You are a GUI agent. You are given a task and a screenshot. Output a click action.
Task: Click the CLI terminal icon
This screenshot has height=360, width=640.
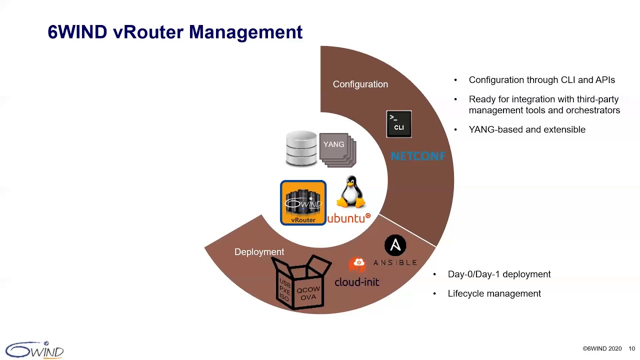coord(399,124)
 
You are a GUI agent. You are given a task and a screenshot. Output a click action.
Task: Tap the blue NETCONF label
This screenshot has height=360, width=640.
coord(417,156)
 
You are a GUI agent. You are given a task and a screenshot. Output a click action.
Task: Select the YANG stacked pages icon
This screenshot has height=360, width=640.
coord(337,149)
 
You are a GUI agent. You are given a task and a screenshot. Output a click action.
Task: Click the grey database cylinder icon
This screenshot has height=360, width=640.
coord(301,148)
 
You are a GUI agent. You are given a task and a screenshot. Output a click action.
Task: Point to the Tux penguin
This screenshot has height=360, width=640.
coord(351,192)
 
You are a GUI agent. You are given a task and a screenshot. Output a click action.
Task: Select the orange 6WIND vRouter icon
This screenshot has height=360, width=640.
coord(303,202)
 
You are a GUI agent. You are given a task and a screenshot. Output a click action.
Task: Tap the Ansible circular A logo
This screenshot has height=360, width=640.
coord(395,245)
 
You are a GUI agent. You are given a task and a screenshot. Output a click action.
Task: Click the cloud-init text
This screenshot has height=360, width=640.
coord(356,282)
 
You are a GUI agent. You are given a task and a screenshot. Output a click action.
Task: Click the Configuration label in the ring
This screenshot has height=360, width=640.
coord(360,84)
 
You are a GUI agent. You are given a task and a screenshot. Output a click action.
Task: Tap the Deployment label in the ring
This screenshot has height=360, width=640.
coord(259,252)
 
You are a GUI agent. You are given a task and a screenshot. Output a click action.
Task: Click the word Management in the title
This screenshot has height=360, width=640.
coord(245,32)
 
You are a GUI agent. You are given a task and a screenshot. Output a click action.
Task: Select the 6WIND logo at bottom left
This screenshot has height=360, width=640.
coord(34,349)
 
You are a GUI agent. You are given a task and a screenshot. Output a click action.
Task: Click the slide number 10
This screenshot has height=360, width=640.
coord(631,348)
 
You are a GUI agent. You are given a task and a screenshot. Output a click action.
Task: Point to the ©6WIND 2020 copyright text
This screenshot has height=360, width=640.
coord(601,348)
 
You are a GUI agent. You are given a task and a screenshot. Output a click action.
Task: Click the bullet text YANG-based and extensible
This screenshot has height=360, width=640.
coord(526,129)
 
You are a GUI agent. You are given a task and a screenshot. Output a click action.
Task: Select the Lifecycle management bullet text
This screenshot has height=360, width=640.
coord(494,293)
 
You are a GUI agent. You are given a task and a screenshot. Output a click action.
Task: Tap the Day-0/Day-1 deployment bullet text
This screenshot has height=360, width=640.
coord(499,274)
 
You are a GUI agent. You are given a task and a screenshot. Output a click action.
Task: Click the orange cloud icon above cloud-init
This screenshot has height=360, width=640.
coord(357,263)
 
